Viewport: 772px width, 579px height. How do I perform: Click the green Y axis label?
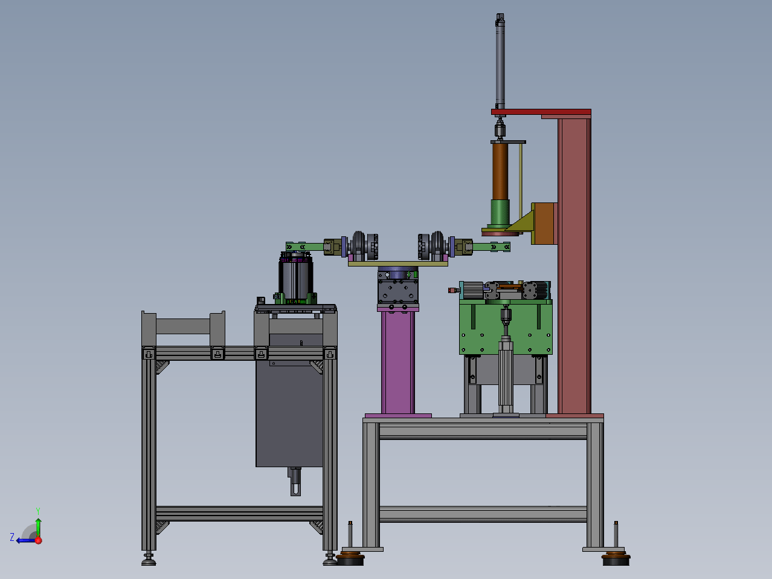pos(38,511)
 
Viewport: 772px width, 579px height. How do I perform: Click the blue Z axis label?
pos(12,537)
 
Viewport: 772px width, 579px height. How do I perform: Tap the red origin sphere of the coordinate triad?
pos(38,540)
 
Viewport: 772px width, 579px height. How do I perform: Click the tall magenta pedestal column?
pos(398,362)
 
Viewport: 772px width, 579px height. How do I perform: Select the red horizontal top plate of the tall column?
pos(541,112)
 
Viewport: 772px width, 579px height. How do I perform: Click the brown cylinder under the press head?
pos(500,171)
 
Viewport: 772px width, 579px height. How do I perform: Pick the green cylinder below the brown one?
pos(500,213)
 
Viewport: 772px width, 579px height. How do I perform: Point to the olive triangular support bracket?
pos(521,222)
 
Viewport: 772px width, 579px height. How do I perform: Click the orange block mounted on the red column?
pos(544,224)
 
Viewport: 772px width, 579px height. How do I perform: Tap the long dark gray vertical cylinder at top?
pos(500,62)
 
